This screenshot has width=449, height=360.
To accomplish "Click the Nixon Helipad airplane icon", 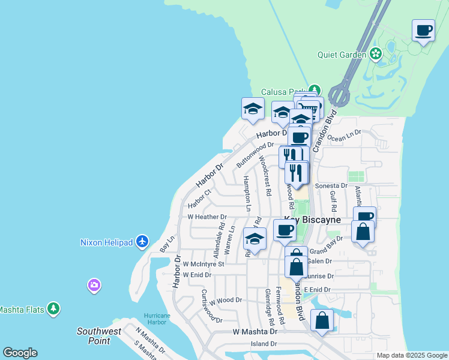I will (142, 242).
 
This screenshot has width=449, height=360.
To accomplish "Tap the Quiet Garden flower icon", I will (376, 55).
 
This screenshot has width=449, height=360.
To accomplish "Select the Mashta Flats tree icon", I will (54, 309).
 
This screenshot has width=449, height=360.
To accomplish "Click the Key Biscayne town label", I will (312, 220).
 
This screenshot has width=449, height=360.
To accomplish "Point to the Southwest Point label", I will (99, 335).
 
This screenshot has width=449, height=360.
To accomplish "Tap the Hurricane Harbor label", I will (158, 319).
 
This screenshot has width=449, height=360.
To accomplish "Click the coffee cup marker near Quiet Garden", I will (424, 30).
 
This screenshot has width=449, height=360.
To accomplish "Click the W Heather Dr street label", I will (207, 217).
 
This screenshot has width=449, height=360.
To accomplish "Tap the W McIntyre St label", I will (203, 263).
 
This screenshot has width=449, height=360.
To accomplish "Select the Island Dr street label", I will (264, 344).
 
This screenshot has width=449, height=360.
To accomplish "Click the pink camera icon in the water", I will (94, 285).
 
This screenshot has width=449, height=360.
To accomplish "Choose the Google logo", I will (20, 353).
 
